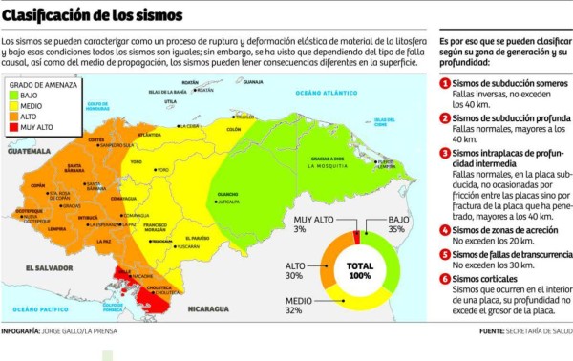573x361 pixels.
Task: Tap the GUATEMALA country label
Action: (30, 151)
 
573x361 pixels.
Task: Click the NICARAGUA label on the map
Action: (208, 309)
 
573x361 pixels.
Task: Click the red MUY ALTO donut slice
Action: (357, 238)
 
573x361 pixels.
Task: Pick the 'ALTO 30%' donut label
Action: (293, 270)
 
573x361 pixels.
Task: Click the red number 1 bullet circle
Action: (444, 84)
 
